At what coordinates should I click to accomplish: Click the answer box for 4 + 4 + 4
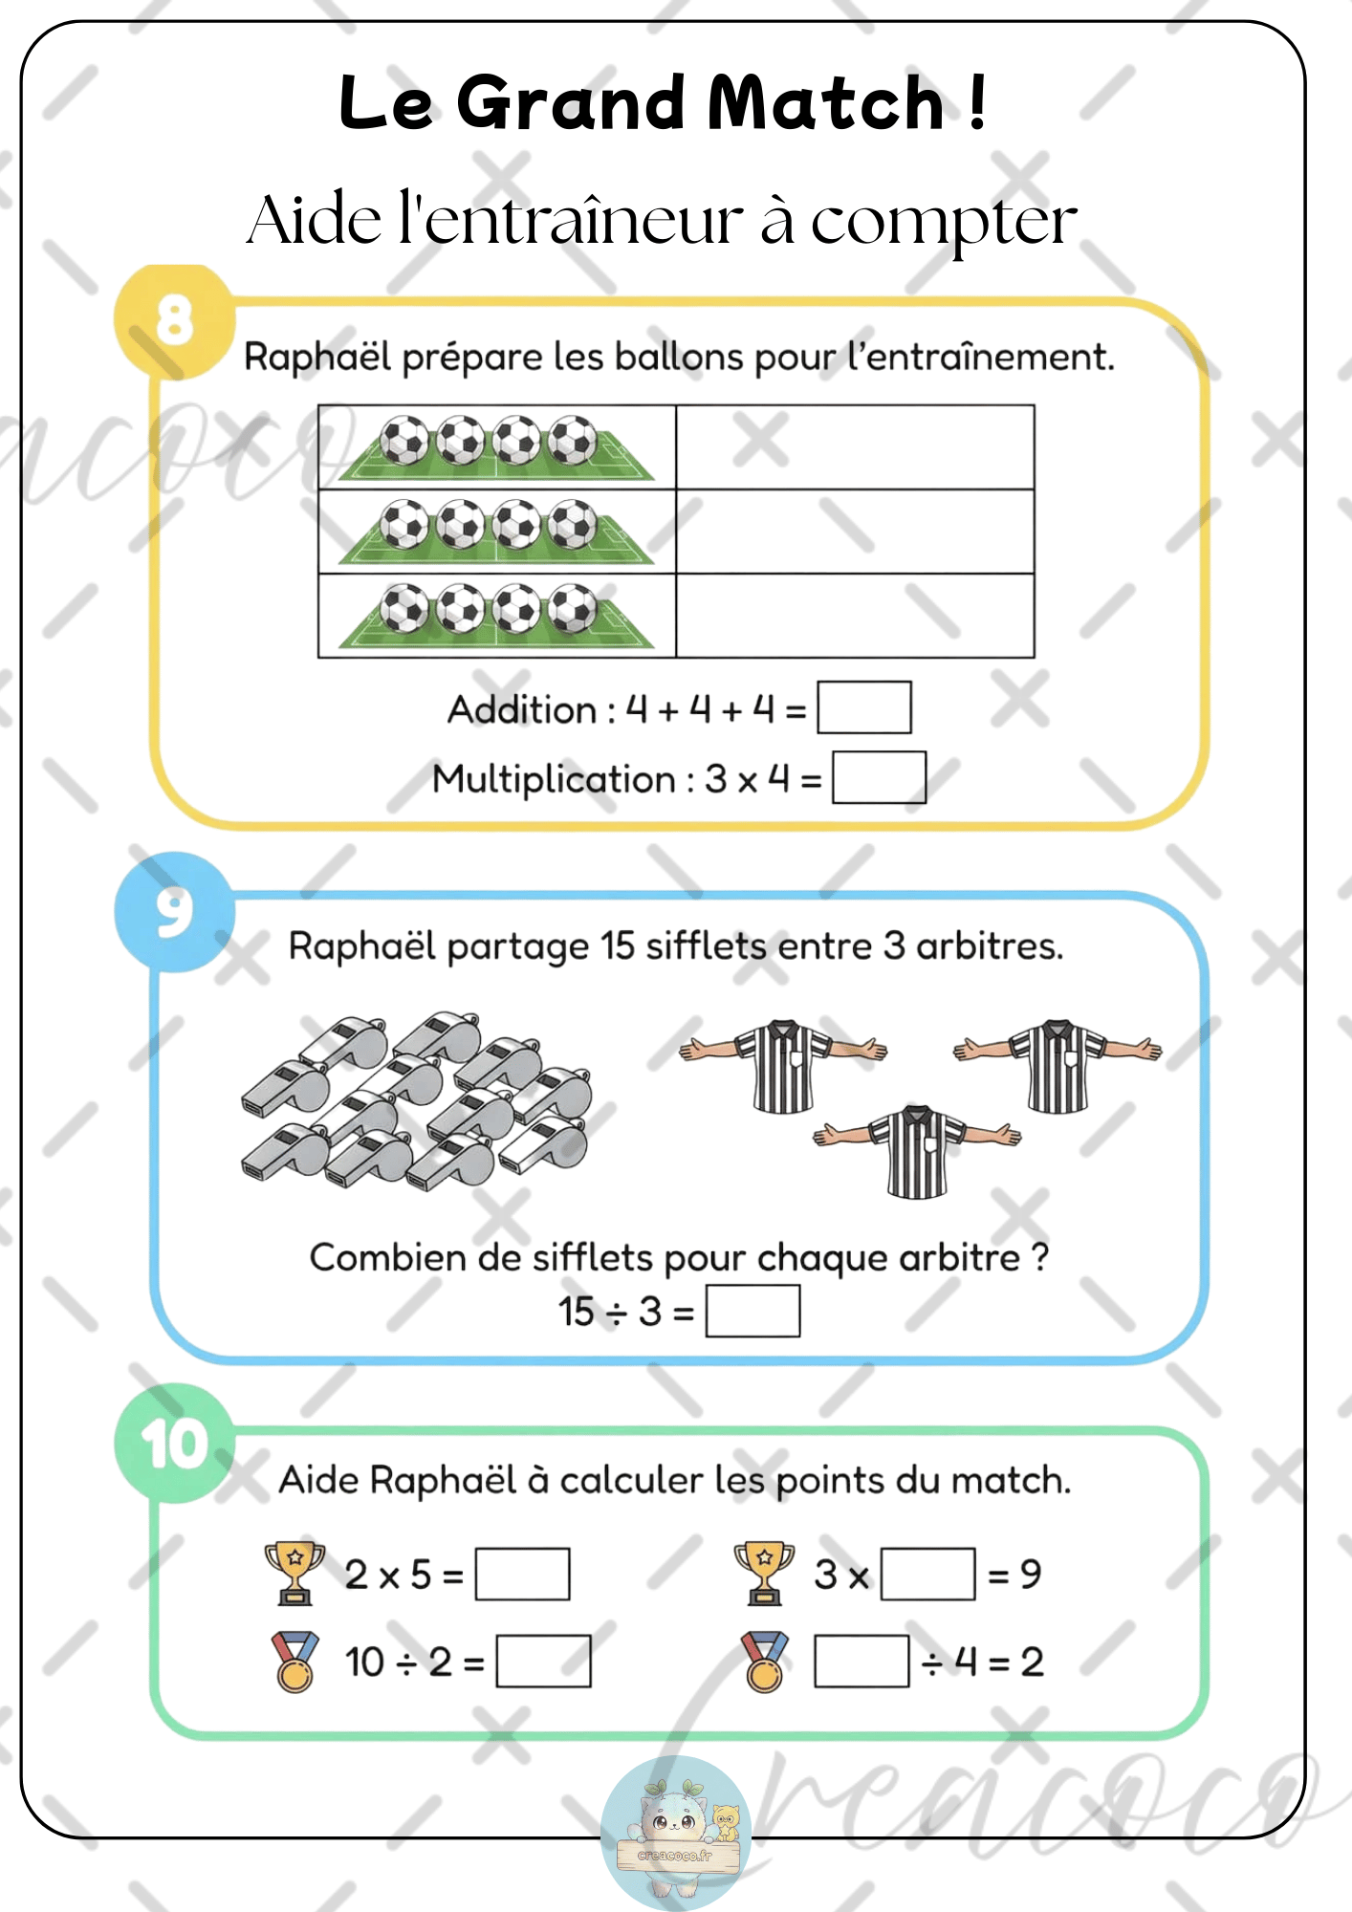tap(864, 707)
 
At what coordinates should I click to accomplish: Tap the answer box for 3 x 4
tap(879, 777)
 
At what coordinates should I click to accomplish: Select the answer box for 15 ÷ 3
tap(752, 1311)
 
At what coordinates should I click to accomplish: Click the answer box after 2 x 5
tap(522, 1574)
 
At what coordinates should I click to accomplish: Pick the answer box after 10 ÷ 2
tap(543, 1662)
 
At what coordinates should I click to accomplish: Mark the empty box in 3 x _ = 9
tap(927, 1574)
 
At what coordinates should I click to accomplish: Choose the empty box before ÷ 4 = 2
tap(861, 1662)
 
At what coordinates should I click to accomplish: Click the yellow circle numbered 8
tap(174, 320)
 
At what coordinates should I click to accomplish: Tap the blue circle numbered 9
tap(174, 911)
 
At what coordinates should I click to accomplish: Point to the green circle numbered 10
tap(174, 1443)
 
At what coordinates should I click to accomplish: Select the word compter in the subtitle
tap(944, 222)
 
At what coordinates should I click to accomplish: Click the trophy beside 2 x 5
tap(294, 1573)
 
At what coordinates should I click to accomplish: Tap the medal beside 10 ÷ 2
tap(294, 1662)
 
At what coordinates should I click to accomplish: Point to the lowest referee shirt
tap(917, 1151)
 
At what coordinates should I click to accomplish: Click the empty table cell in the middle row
tap(855, 532)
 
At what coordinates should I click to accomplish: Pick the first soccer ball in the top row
tap(404, 441)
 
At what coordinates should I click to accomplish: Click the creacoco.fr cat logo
tap(676, 1830)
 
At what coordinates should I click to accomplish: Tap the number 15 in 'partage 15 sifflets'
tap(617, 946)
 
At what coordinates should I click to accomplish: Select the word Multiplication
tap(554, 779)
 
